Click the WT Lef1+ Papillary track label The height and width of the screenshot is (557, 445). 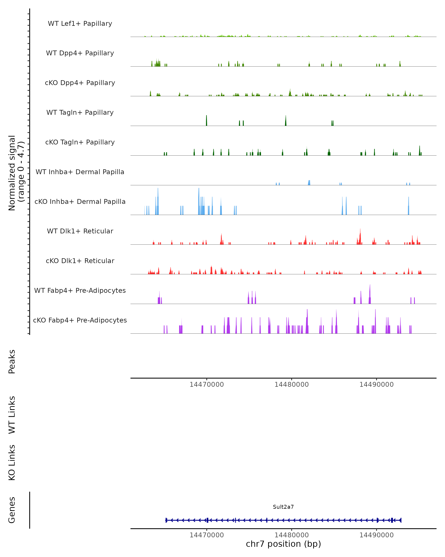pyautogui.click(x=80, y=24)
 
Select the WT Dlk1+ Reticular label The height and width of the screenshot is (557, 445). pyautogui.click(x=80, y=231)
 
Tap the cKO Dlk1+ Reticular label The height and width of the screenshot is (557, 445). pyautogui.click(x=80, y=261)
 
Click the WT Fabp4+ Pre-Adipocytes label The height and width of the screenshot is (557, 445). pyautogui.click(x=80, y=290)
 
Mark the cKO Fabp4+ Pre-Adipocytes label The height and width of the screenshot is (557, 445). pyautogui.click(x=80, y=320)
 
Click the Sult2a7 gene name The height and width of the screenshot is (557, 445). pyautogui.click(x=283, y=507)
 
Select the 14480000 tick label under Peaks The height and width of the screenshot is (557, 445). pyautogui.click(x=291, y=385)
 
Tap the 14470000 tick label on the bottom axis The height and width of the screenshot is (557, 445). pyautogui.click(x=207, y=535)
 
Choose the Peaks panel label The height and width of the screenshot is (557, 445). pyautogui.click(x=12, y=361)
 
